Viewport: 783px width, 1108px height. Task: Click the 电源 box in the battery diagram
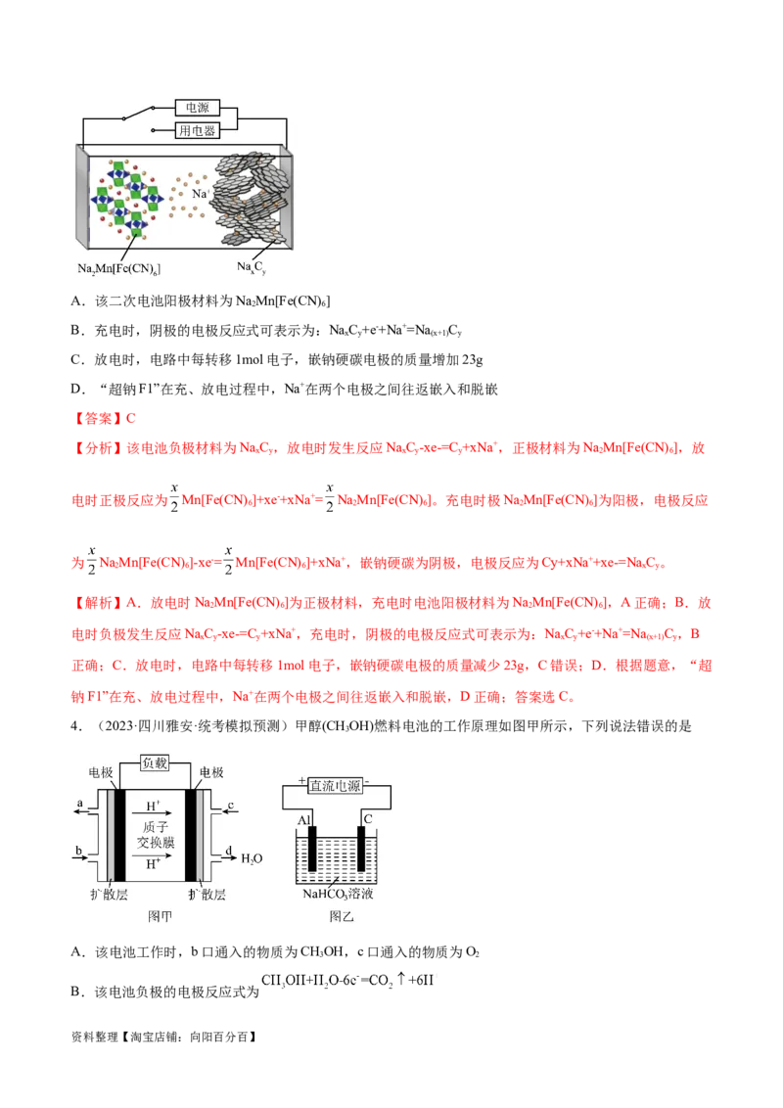coord(196,108)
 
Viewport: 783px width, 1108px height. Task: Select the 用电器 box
coord(196,129)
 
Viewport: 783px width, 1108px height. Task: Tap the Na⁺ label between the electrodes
coord(202,194)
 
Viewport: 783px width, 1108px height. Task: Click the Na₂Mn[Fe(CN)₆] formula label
coord(118,267)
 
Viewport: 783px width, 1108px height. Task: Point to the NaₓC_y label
coord(252,266)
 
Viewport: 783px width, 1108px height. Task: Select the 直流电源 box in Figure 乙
coord(335,785)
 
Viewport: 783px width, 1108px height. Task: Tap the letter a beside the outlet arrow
coord(78,805)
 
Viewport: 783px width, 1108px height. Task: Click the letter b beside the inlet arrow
coord(78,852)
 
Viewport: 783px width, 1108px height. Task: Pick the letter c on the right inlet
coord(230,805)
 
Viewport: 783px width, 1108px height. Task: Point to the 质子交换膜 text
coord(157,835)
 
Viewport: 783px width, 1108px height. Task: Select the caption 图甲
coord(159,915)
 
